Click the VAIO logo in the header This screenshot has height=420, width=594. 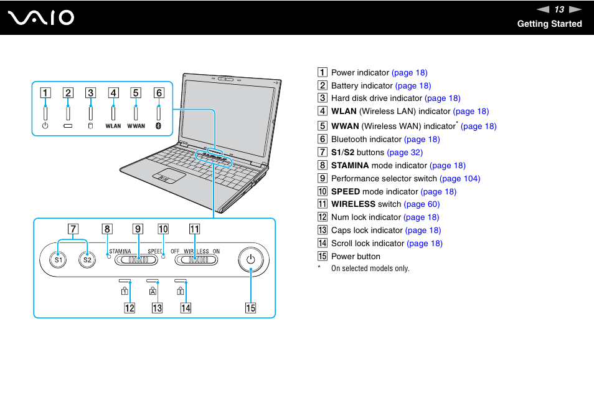coord(41,17)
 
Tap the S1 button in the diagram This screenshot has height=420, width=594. coord(58,259)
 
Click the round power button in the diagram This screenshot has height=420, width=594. coord(250,259)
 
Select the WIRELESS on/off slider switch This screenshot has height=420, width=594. coord(195,259)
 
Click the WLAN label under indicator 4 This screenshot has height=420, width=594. coord(113,126)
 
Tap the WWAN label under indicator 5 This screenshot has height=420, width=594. coord(136,126)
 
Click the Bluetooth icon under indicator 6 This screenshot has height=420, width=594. coord(159,126)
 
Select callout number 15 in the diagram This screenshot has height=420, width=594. coord(250,307)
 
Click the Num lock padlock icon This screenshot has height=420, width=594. coord(125,290)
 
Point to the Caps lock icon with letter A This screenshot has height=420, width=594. coord(153,290)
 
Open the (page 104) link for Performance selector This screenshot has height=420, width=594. coord(460,178)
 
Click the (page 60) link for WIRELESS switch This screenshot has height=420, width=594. coord(422,204)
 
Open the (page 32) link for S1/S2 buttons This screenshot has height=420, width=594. coord(405,152)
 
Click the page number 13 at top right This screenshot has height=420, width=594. coord(559,9)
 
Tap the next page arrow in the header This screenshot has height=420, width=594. coord(575,9)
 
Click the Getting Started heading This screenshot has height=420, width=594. coord(549,24)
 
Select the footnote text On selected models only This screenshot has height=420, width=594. coord(370,269)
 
